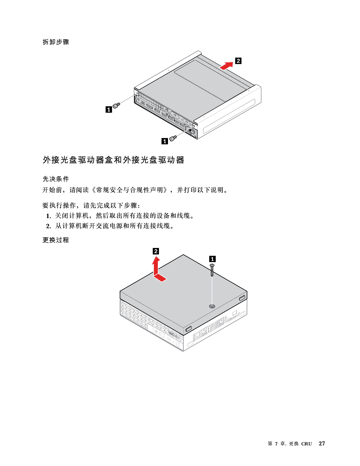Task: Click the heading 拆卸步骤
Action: pos(56,42)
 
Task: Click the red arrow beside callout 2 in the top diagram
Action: pos(226,66)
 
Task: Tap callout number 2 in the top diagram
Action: pos(238,61)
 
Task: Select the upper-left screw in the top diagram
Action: pos(116,106)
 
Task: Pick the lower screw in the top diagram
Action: pos(173,138)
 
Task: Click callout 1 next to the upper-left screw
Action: pos(109,109)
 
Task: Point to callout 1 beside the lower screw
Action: pos(165,141)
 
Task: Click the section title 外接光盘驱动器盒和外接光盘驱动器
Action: pos(114,160)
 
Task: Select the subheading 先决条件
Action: pos(56,179)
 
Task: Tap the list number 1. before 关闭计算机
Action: pos(49,216)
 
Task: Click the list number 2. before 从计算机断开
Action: pos(49,226)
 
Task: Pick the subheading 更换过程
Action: pos(56,240)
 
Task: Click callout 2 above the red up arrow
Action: pos(156,251)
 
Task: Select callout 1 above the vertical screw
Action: pos(212,259)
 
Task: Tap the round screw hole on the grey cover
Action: pos(212,306)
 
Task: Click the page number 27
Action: pos(322,443)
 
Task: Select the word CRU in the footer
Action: pos(306,444)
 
